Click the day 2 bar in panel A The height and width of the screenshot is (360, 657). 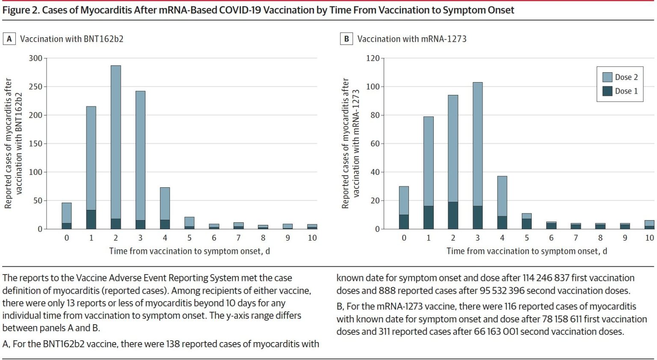[x=115, y=145]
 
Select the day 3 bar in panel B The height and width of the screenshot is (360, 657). [x=477, y=154]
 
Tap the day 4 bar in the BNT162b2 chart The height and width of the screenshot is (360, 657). [x=165, y=207]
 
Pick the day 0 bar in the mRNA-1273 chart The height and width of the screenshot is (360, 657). [x=404, y=207]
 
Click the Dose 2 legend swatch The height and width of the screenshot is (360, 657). [x=607, y=77]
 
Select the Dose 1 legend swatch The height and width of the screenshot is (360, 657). [x=607, y=91]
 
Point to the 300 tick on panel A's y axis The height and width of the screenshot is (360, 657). [x=36, y=58]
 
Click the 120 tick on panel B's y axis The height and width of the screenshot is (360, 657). [x=373, y=58]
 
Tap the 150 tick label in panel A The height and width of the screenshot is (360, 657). [x=36, y=144]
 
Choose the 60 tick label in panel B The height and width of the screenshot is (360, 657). [x=375, y=144]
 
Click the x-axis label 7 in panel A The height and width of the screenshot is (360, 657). [x=238, y=238]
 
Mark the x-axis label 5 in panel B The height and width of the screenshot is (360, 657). [x=527, y=238]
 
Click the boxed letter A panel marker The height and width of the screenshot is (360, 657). [x=9, y=39]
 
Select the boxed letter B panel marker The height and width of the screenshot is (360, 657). [x=346, y=39]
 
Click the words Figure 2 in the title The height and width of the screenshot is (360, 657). [x=20, y=10]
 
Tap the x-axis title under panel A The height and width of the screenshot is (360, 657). [x=189, y=251]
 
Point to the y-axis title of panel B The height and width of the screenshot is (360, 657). [x=351, y=143]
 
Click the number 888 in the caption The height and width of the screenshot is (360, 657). [x=387, y=291]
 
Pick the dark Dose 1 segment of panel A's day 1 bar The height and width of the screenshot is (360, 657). [x=91, y=219]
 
